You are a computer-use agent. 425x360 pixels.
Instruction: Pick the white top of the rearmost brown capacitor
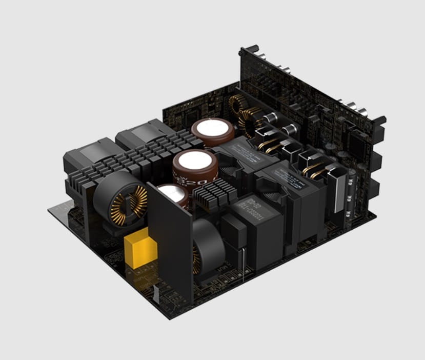click(207, 128)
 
